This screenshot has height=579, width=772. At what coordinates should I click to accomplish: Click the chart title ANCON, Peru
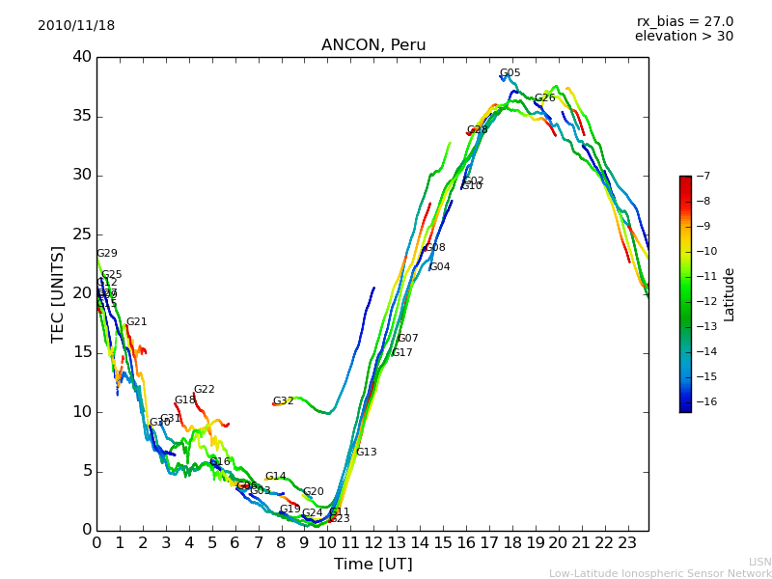[x=372, y=45]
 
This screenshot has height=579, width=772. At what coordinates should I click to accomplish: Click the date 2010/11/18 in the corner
[x=76, y=26]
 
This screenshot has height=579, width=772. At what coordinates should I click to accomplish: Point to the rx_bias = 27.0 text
[x=684, y=22]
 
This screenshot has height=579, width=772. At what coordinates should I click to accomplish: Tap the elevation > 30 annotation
[x=683, y=37]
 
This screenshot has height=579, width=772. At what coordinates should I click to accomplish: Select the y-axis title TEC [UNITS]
[x=58, y=293]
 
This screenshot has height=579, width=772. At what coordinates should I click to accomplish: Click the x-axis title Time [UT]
[x=372, y=565]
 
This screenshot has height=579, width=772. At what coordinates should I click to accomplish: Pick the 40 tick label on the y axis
[x=81, y=57]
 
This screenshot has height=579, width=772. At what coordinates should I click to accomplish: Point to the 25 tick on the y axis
[x=81, y=234]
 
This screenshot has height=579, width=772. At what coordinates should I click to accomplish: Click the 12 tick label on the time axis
[x=373, y=542]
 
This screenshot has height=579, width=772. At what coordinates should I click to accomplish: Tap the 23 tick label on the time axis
[x=627, y=542]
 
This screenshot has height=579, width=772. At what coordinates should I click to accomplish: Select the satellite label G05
[x=510, y=73]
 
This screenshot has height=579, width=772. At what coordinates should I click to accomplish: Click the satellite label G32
[x=283, y=401]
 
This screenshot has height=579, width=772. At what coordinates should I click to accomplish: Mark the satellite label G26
[x=544, y=98]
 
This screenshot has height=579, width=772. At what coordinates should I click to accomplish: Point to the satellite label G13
[x=366, y=453]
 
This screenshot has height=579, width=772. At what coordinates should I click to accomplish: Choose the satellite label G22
[x=204, y=390]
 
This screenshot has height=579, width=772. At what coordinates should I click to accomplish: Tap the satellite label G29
[x=106, y=254]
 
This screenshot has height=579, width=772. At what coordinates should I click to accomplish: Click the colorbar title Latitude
[x=730, y=293]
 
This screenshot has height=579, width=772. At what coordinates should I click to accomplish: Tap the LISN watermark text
[x=759, y=562]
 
